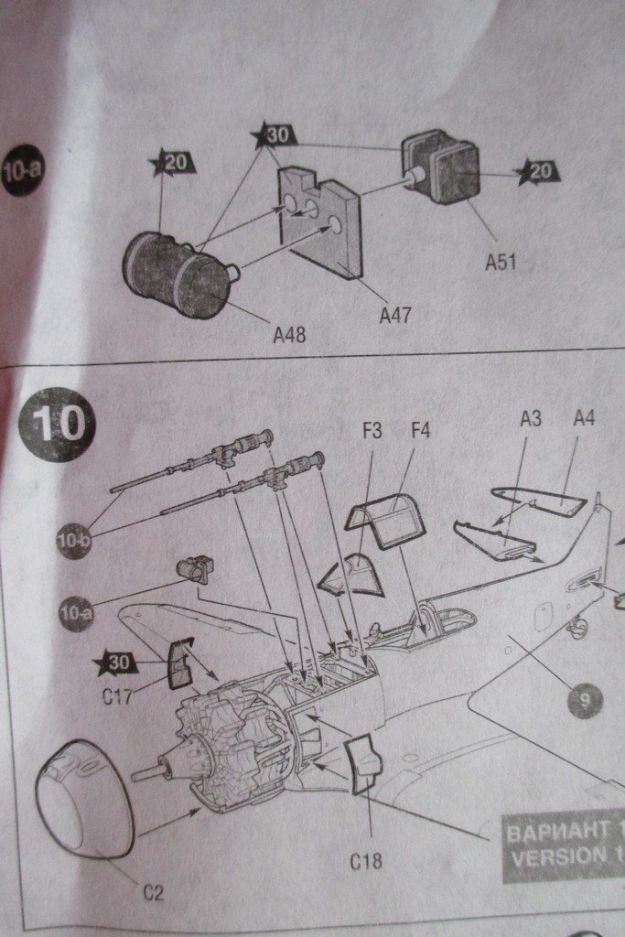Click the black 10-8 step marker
(x=22, y=170)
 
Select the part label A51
(x=501, y=262)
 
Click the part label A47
(x=395, y=315)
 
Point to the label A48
(x=289, y=335)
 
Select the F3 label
(x=372, y=431)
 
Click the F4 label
(x=420, y=431)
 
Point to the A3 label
(x=531, y=419)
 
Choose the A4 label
(x=583, y=419)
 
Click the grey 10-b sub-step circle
(x=73, y=540)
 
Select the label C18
(x=365, y=861)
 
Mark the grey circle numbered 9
(x=583, y=701)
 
